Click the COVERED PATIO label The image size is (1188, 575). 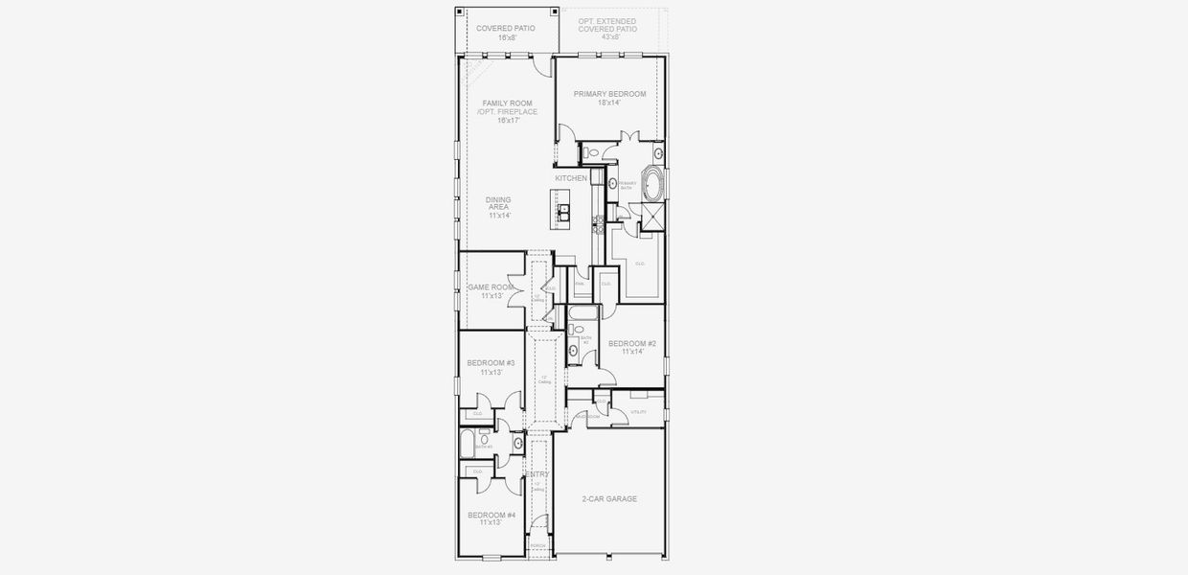[505, 29]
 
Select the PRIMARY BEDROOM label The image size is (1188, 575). [609, 94]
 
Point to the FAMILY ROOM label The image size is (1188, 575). [507, 103]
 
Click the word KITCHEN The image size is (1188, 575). [571, 179]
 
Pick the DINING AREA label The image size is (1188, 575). [498, 204]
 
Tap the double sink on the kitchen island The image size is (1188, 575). [563, 211]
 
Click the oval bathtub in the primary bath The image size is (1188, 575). [652, 184]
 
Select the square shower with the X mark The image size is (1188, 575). [652, 218]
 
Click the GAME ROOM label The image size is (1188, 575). [491, 287]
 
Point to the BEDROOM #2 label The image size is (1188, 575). [631, 344]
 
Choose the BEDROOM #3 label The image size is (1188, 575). [491, 363]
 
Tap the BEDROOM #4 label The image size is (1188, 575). [491, 516]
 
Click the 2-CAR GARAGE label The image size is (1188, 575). [609, 499]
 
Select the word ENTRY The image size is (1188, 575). [538, 474]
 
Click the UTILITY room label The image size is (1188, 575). [638, 412]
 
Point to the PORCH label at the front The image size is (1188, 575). [538, 546]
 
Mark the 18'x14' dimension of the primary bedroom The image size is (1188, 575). [609, 103]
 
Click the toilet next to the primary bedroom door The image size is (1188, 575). [592, 152]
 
